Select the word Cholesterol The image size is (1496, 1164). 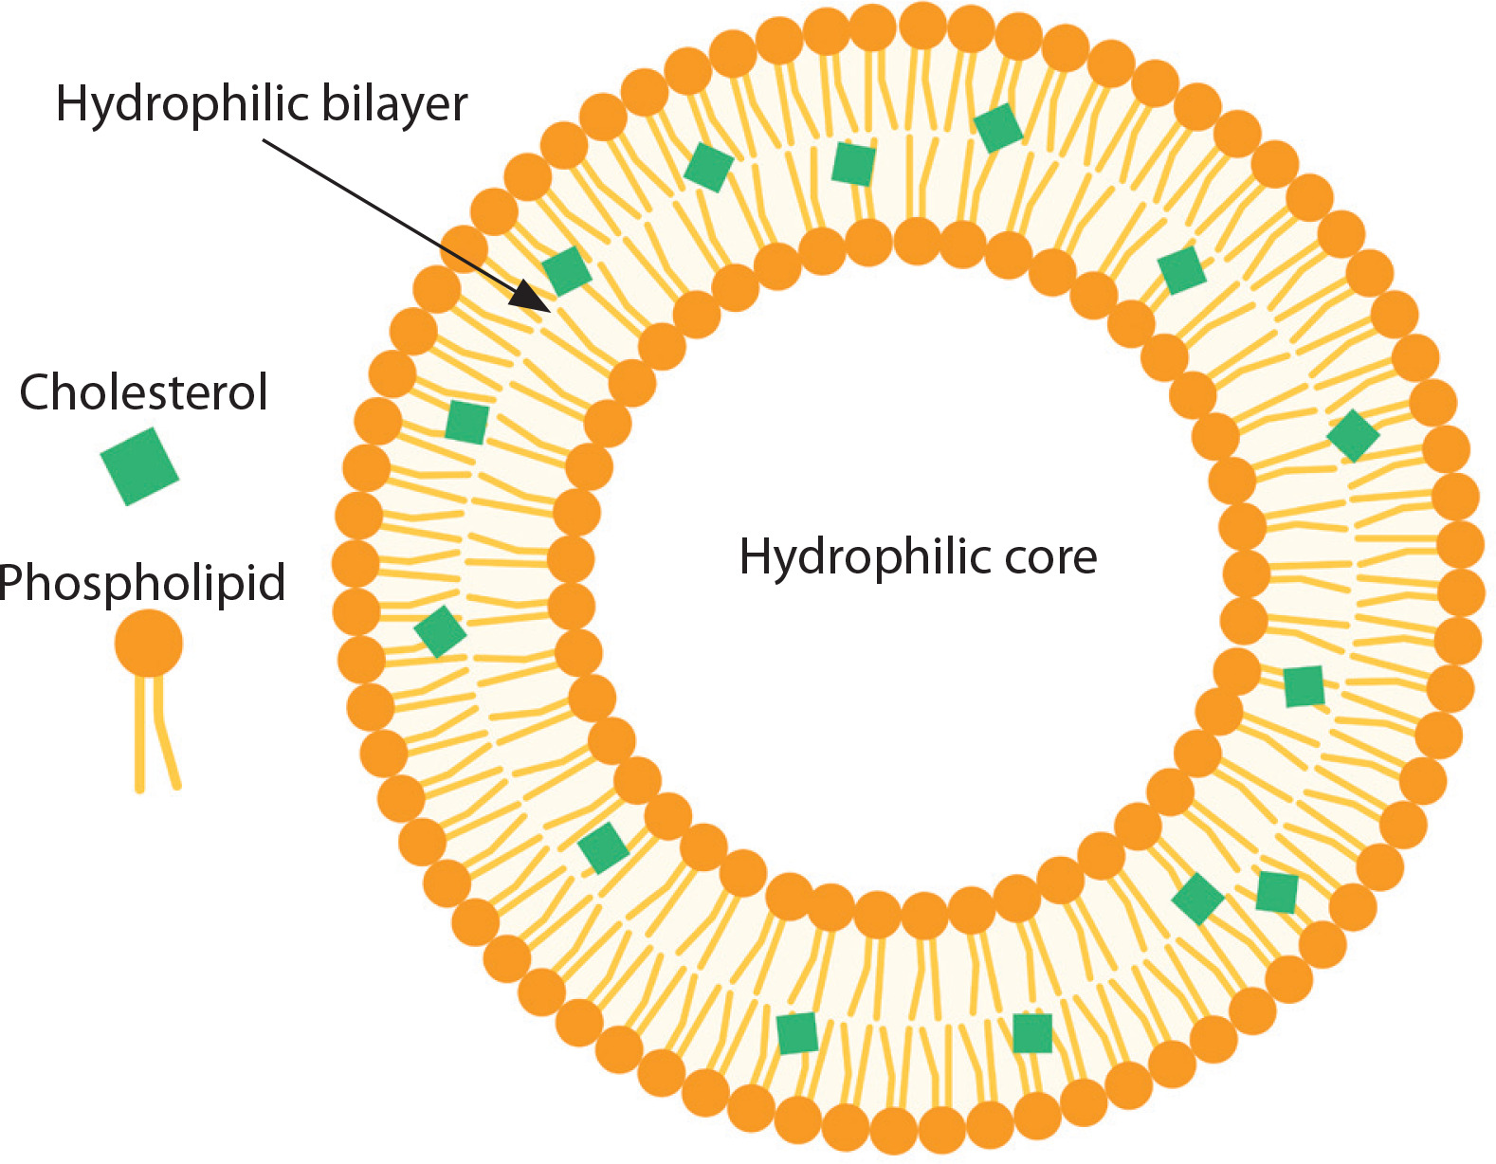[143, 392]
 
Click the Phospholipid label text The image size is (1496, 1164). [142, 582]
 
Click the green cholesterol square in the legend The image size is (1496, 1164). [139, 465]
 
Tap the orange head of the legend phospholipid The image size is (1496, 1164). [149, 643]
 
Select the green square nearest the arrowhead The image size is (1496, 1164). [567, 271]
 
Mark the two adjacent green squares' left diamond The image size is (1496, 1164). [1197, 898]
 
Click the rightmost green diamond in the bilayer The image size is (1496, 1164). [1353, 436]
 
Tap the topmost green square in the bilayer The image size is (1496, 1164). [998, 128]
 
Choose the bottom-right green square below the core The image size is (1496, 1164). [1032, 1033]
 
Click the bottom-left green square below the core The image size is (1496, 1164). [796, 1033]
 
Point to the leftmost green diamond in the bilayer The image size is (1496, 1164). [440, 632]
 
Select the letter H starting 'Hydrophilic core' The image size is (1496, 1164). [755, 556]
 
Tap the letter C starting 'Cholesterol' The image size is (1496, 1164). [35, 392]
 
